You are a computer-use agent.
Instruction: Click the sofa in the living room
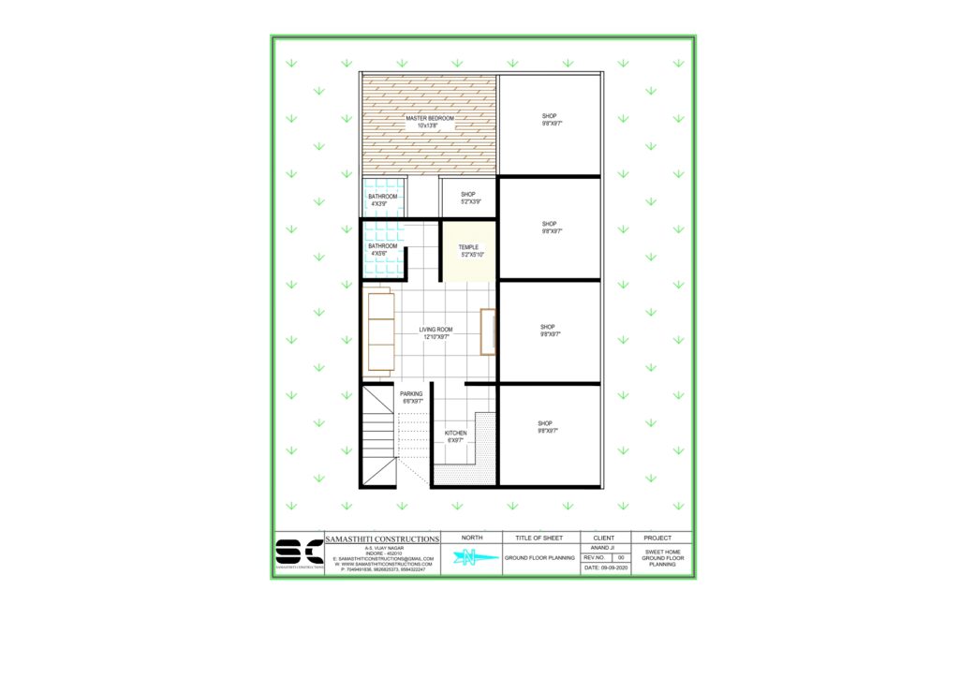[379, 332]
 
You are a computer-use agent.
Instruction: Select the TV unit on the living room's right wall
[487, 331]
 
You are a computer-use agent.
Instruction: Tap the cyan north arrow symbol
[472, 559]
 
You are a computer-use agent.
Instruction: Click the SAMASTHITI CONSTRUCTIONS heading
[381, 539]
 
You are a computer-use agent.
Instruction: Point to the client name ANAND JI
[604, 547]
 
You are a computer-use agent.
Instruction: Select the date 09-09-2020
[605, 568]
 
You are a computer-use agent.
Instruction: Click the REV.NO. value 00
[620, 557]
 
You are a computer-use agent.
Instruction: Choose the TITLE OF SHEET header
[539, 538]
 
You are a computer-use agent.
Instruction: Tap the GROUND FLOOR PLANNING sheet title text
[539, 557]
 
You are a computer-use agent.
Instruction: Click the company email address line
[381, 558]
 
